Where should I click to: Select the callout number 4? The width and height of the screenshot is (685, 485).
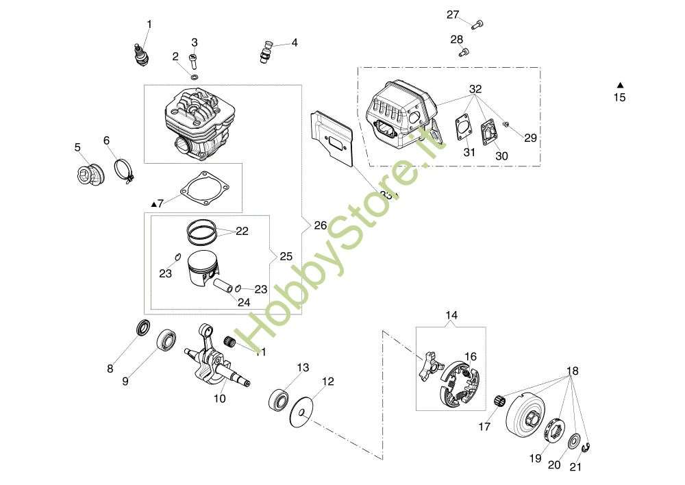295,42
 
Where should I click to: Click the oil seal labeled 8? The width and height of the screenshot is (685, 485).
142,327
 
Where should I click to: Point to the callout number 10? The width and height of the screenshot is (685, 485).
219,397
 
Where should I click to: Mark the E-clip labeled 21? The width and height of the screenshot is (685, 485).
586,449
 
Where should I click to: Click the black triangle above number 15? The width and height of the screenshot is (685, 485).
619,84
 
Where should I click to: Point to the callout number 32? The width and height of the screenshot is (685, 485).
475,90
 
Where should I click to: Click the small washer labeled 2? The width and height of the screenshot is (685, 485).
194,77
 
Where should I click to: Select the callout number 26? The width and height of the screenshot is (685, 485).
321,225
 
